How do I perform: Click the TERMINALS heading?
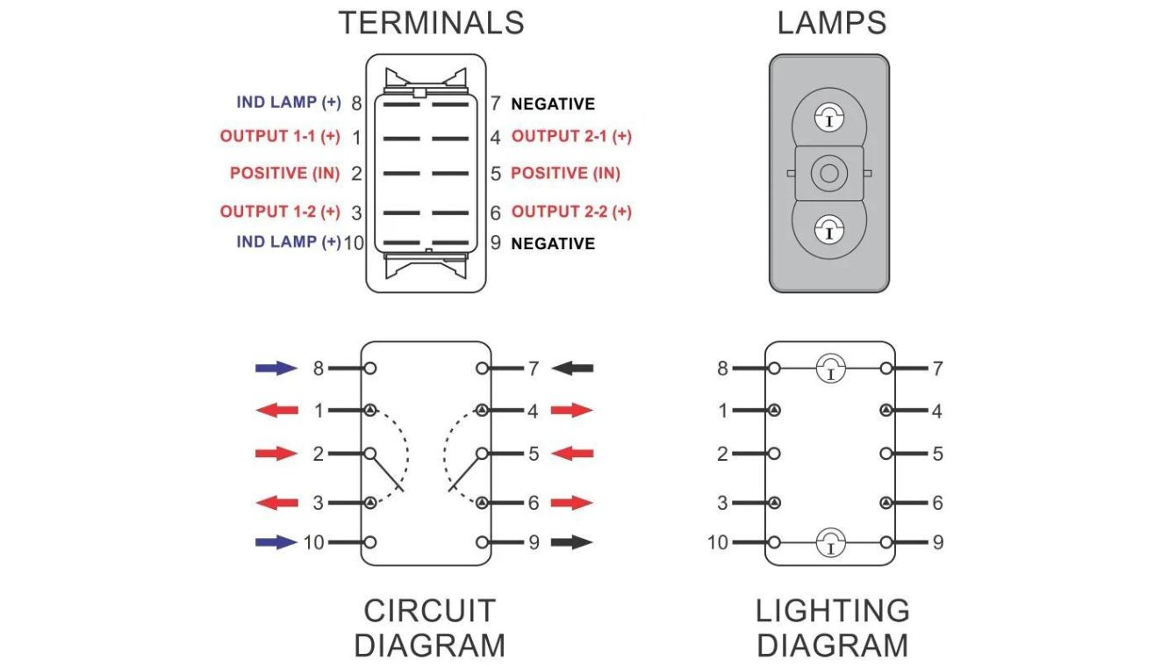pyautogui.click(x=431, y=23)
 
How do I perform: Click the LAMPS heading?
pyautogui.click(x=831, y=23)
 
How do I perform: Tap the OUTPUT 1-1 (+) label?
pyautogui.click(x=280, y=137)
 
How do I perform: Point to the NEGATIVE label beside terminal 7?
pyautogui.click(x=553, y=104)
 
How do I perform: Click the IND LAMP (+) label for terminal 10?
pyautogui.click(x=288, y=242)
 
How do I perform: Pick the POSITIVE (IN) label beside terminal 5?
pyautogui.click(x=565, y=173)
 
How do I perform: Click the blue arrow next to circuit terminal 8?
pyautogui.click(x=276, y=369)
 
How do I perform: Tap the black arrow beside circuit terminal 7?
pyautogui.click(x=572, y=369)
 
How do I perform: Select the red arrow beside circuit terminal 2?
pyautogui.click(x=276, y=454)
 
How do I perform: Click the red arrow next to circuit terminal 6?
pyautogui.click(x=572, y=503)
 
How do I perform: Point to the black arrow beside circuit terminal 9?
pyautogui.click(x=572, y=542)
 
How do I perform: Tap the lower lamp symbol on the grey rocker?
pyautogui.click(x=829, y=230)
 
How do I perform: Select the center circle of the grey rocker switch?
pyautogui.click(x=829, y=173)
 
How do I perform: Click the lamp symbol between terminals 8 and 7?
pyautogui.click(x=830, y=369)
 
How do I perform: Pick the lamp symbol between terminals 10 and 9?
pyautogui.click(x=830, y=543)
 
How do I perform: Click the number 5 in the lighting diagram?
pyautogui.click(x=938, y=454)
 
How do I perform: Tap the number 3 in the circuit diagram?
pyautogui.click(x=319, y=503)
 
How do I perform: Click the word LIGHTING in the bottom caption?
pyautogui.click(x=832, y=611)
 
